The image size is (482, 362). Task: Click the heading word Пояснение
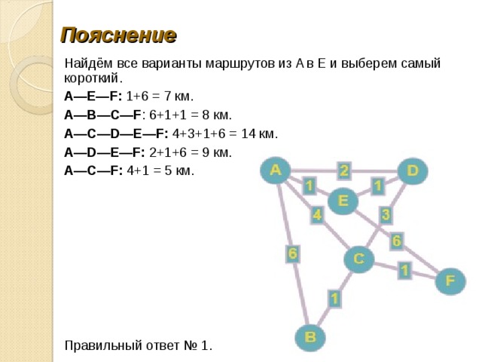(x=119, y=35)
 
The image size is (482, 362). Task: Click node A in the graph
(x=276, y=170)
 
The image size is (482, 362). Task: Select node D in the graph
(x=413, y=171)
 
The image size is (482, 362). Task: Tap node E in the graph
(x=343, y=201)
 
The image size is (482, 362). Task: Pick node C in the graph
(x=359, y=259)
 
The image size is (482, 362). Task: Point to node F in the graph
(x=450, y=281)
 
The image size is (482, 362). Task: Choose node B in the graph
(x=310, y=337)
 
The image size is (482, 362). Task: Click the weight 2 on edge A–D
(x=344, y=170)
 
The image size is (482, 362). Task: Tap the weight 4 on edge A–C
(x=317, y=215)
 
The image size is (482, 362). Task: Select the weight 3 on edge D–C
(x=386, y=214)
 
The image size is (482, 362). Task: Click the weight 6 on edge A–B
(x=292, y=253)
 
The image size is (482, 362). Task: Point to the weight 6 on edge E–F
(x=396, y=241)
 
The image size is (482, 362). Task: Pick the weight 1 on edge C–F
(x=404, y=270)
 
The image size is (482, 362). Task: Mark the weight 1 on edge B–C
(x=334, y=299)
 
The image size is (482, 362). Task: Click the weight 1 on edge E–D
(x=377, y=186)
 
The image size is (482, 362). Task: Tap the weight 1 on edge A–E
(x=310, y=186)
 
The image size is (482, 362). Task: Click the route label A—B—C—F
(x=102, y=115)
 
